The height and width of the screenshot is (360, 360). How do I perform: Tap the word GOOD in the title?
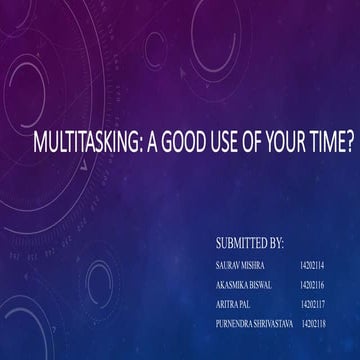coord(186,145)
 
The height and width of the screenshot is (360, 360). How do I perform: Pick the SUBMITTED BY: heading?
coord(249,243)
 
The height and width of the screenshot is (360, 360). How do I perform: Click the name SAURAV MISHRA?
coord(238,265)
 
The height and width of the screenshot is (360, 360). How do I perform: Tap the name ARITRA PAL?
coord(233,303)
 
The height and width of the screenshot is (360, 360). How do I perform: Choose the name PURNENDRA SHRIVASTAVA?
coord(254,322)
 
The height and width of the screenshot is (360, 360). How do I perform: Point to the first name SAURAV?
coord(227,265)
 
